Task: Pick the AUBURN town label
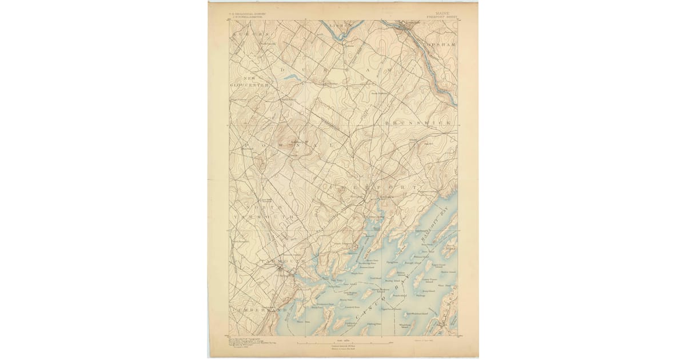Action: pos(250,35)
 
